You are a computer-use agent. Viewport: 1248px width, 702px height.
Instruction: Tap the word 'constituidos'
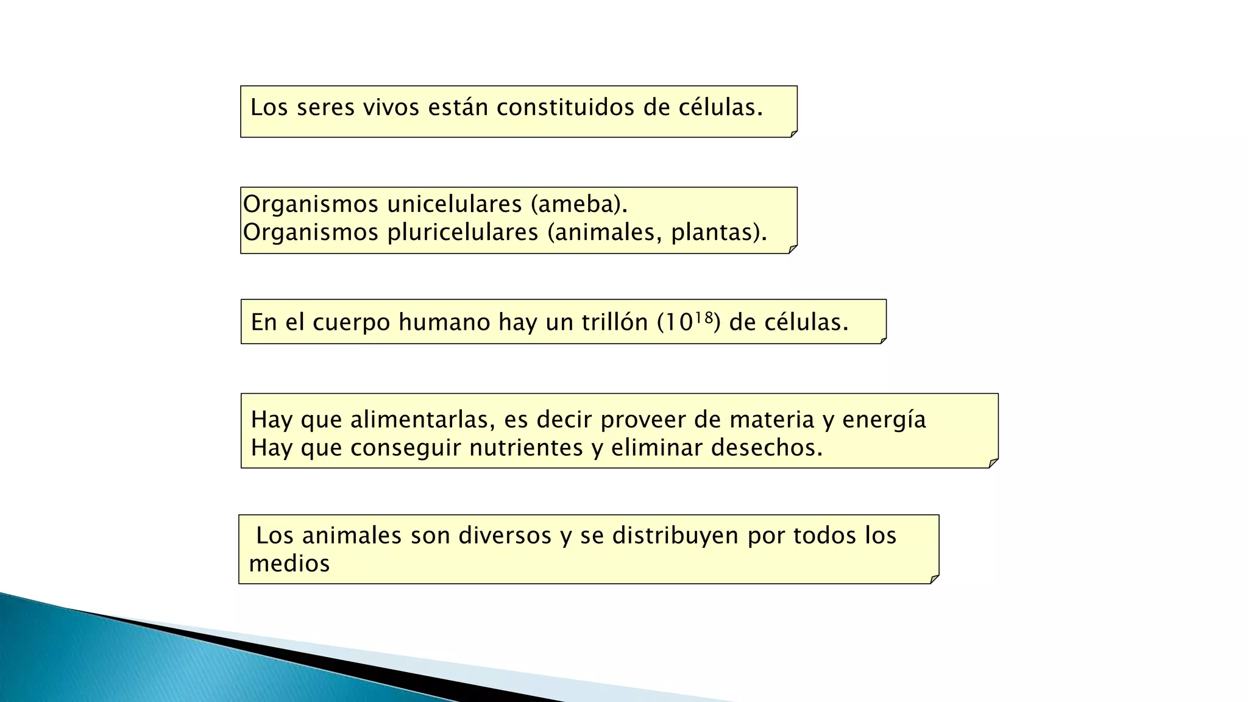pyautogui.click(x=565, y=107)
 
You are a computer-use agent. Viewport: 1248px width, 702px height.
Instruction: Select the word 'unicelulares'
pyautogui.click(x=455, y=204)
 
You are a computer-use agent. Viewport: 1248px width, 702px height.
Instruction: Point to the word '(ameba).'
pyautogui.click(x=579, y=204)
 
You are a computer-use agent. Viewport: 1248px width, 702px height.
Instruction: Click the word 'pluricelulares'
pyautogui.click(x=463, y=232)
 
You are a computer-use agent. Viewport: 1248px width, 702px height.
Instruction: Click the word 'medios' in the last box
pyautogui.click(x=289, y=564)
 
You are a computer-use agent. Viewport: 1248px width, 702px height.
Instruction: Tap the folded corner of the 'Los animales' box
pyautogui.click(x=934, y=579)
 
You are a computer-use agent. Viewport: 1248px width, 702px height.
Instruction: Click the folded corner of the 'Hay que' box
pyautogui.click(x=993, y=463)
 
